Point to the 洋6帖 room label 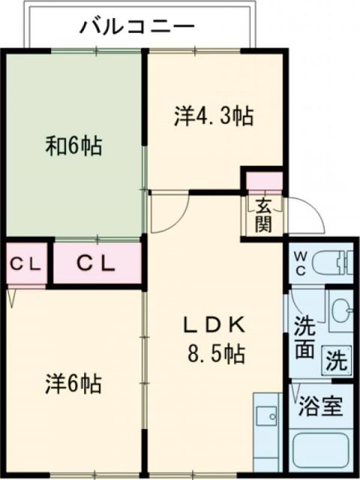[x=71, y=384]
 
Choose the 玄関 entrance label [x=262, y=214]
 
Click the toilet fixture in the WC [x=331, y=262]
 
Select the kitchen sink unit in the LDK [x=265, y=430]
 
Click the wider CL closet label [x=96, y=263]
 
